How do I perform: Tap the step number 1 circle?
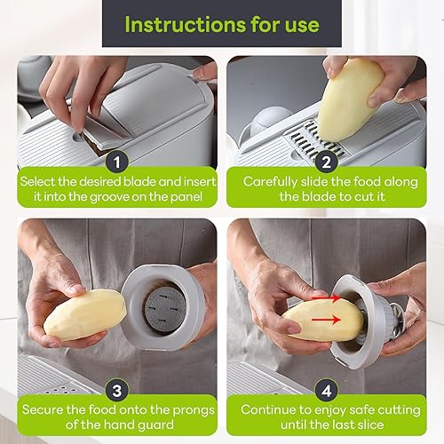117,163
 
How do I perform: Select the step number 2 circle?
326,163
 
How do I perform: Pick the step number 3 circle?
117,391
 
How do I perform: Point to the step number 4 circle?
326,391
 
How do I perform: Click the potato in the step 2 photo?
351,99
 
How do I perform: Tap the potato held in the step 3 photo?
84,314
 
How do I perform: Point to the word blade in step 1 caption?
139,181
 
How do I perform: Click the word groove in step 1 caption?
109,197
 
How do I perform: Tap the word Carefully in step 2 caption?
270,182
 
